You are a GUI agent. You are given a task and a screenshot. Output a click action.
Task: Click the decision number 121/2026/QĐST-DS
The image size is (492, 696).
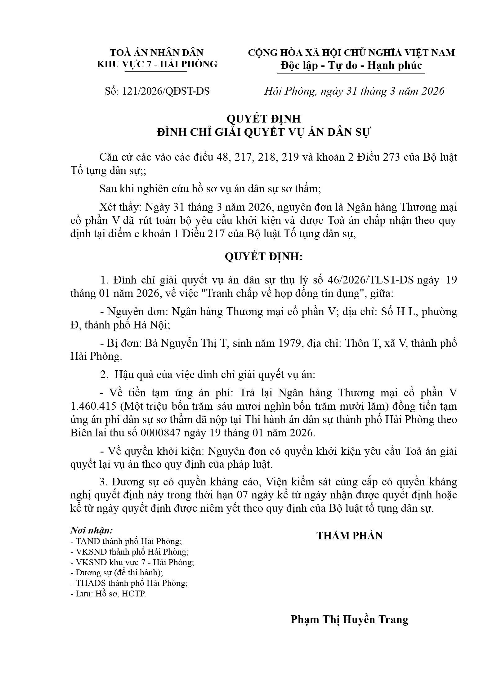click(166, 91)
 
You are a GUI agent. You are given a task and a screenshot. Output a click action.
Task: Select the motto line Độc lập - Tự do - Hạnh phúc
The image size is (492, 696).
click(351, 65)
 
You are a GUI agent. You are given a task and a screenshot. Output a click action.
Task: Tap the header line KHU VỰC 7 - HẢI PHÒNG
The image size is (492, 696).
click(157, 64)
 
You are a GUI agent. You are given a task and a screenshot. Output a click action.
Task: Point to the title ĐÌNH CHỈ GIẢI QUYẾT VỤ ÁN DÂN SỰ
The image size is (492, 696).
click(264, 132)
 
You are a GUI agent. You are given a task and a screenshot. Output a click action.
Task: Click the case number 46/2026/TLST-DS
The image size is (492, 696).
click(371, 280)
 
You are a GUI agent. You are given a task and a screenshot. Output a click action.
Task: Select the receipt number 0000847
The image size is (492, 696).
click(160, 433)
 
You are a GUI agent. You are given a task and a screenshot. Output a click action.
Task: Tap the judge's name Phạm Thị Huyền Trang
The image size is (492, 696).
click(349, 619)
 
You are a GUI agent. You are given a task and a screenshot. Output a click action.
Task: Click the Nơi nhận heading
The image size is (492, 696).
click(92, 530)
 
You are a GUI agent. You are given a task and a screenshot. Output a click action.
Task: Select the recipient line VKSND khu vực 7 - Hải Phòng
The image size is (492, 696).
click(132, 562)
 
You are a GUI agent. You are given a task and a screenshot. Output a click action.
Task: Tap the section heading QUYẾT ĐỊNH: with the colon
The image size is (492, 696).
click(263, 257)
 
